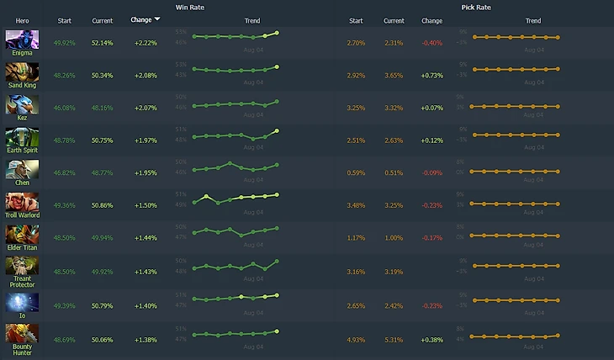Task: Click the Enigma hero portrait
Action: pyautogui.click(x=22, y=39)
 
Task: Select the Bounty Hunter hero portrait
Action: pyautogui.click(x=22, y=334)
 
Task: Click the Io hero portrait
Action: pyautogui.click(x=22, y=301)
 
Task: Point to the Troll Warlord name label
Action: pyautogui.click(x=22, y=215)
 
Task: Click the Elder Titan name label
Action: pyautogui.click(x=22, y=248)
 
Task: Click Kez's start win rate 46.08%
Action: pyautogui.click(x=64, y=107)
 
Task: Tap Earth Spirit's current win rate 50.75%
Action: pyautogui.click(x=103, y=140)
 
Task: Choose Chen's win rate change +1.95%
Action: pyautogui.click(x=146, y=172)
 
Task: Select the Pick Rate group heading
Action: pyautogui.click(x=476, y=7)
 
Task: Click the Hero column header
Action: pyautogui.click(x=22, y=20)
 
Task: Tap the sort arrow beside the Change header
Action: pyautogui.click(x=157, y=19)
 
